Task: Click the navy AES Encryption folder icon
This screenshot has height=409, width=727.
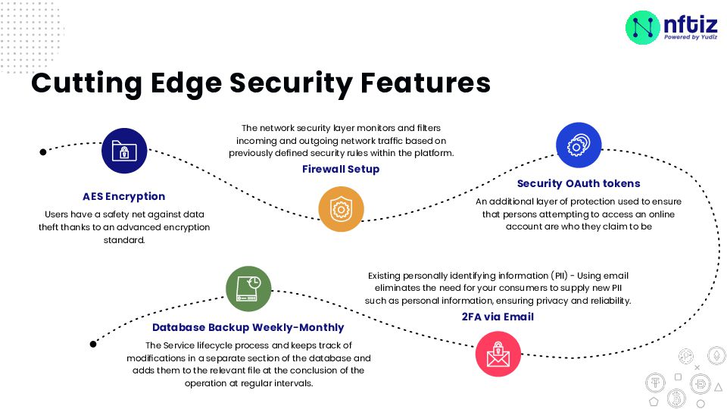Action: (124, 151)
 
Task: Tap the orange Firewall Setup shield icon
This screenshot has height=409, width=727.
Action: (341, 208)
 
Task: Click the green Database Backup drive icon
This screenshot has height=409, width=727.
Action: (248, 289)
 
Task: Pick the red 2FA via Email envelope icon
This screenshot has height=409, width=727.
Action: (498, 354)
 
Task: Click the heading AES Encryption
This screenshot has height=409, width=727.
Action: (124, 196)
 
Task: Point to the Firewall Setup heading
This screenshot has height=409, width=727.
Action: (341, 169)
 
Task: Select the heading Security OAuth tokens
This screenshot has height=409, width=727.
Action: (579, 183)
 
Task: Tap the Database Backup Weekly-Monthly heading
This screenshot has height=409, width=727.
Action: (248, 328)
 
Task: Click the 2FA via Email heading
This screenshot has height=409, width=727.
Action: (498, 317)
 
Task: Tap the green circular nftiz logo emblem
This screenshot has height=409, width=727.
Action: (643, 27)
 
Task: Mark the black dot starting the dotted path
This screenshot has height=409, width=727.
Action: (43, 151)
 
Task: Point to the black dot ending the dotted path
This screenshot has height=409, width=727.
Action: (93, 343)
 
